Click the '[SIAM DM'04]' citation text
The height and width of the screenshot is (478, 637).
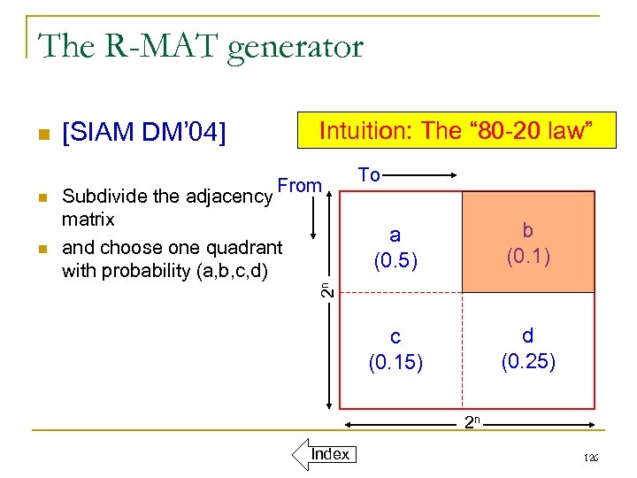pos(144,134)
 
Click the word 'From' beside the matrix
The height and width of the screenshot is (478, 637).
pos(299,186)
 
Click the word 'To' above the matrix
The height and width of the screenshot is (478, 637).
pos(369,175)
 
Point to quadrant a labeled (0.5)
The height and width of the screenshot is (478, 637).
pos(395,247)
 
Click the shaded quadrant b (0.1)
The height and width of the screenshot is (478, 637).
pos(528,243)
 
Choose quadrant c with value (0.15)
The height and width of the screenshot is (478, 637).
pos(395,349)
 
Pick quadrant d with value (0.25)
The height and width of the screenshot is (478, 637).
pos(528,348)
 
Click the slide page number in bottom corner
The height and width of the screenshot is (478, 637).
pos(591,458)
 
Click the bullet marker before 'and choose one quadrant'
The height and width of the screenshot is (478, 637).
pos(40,249)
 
